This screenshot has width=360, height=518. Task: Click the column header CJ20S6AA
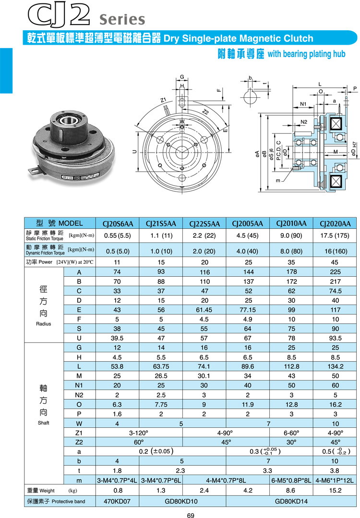pyautogui.click(x=118, y=224)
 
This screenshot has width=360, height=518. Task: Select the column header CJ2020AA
pyautogui.click(x=335, y=224)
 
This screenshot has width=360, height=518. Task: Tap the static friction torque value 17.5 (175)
pyautogui.click(x=335, y=235)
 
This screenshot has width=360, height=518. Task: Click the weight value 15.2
pyautogui.click(x=335, y=491)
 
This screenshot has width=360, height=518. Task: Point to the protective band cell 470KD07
pyautogui.click(x=118, y=502)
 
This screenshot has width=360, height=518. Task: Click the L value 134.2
pyautogui.click(x=335, y=367)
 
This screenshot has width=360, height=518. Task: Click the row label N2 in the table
pyautogui.click(x=79, y=395)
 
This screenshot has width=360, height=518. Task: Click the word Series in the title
pyautogui.click(x=121, y=19)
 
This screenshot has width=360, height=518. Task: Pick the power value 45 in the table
pyautogui.click(x=335, y=262)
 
